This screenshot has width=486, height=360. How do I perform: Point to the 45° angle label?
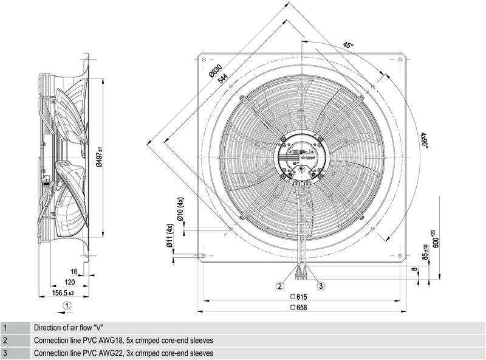click(348, 45)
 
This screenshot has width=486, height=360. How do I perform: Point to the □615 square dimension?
click(300, 297)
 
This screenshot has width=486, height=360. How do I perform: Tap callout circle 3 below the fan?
click(321, 286)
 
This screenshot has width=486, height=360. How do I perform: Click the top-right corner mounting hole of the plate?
click(399, 60)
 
